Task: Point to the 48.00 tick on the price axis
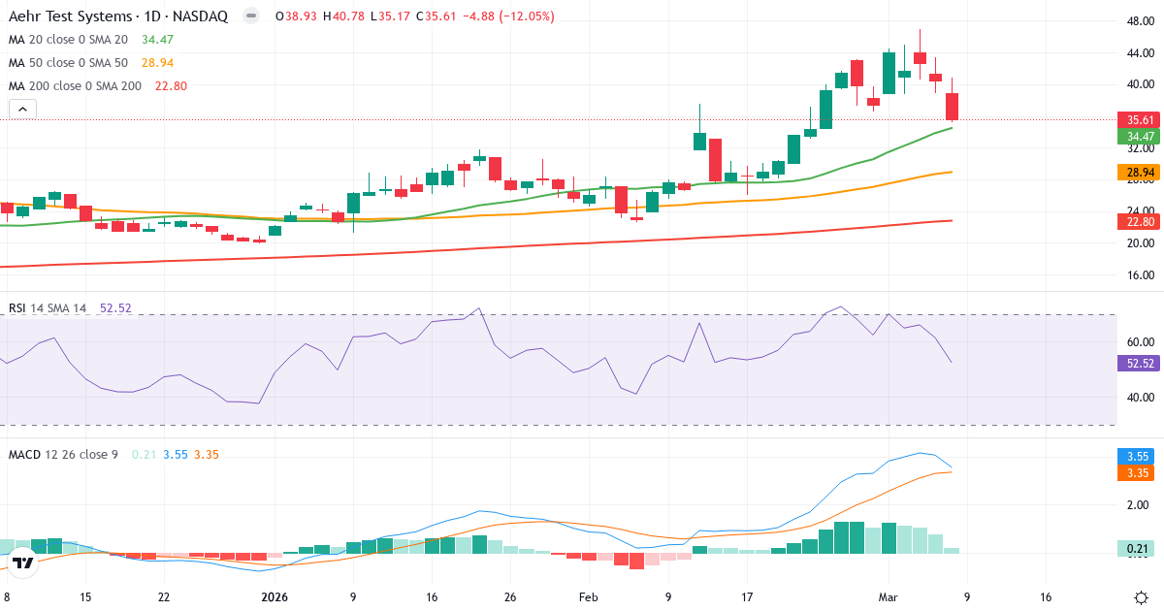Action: pos(1139,20)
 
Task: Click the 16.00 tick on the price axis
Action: pos(1139,275)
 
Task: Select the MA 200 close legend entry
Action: pos(75,86)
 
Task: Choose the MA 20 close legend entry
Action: pos(68,40)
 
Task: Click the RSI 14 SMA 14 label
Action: pos(48,308)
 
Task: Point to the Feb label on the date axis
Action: pos(589,597)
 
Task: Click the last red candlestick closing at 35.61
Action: pos(953,107)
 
